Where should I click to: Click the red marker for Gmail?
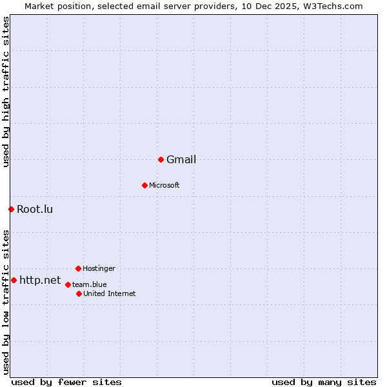pyautogui.click(x=161, y=159)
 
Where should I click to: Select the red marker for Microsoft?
pyautogui.click(x=144, y=185)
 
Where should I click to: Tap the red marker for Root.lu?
pyautogui.click(x=11, y=209)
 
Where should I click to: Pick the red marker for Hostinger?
pyautogui.click(x=78, y=268)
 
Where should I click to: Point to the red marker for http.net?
pyautogui.click(x=14, y=280)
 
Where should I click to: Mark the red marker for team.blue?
pyautogui.click(x=68, y=284)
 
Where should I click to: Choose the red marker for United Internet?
pyautogui.click(x=79, y=293)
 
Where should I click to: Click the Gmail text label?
pyautogui.click(x=181, y=160)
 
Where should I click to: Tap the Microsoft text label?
pyautogui.click(x=164, y=186)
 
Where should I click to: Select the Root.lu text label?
pyautogui.click(x=35, y=209)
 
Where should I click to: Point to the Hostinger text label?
pyautogui.click(x=99, y=268)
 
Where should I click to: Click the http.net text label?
pyautogui.click(x=40, y=281)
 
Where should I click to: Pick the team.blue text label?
pyautogui.click(x=90, y=284)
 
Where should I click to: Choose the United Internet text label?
pyautogui.click(x=110, y=294)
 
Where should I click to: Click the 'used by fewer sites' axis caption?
pyautogui.click(x=66, y=382)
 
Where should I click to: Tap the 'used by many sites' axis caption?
pyautogui.click(x=324, y=382)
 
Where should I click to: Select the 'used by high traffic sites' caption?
pyautogui.click(x=6, y=92)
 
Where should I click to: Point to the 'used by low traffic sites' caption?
pyautogui.click(x=6, y=302)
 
